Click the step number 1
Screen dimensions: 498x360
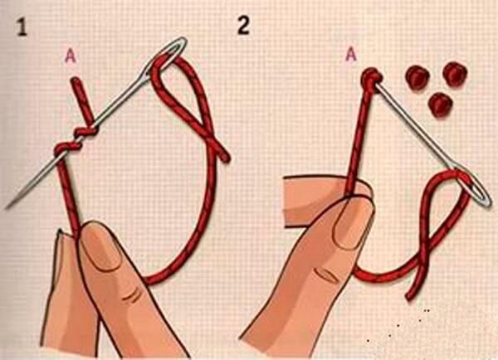pyautogui.click(x=22, y=27)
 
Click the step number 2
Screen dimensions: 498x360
pyautogui.click(x=243, y=25)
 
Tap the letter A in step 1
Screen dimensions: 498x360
pyautogui.click(x=71, y=56)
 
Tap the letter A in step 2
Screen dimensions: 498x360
pyautogui.click(x=350, y=55)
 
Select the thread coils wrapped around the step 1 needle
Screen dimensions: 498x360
pyautogui.click(x=76, y=139)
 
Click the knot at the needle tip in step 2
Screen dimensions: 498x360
pyautogui.click(x=371, y=77)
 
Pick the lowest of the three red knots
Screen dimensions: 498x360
pyautogui.click(x=440, y=105)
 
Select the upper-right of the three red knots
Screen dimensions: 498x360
pyautogui.click(x=455, y=74)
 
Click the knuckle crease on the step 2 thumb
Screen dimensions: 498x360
pyautogui.click(x=325, y=275)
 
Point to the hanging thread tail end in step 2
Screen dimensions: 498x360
pyautogui.click(x=409, y=297)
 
